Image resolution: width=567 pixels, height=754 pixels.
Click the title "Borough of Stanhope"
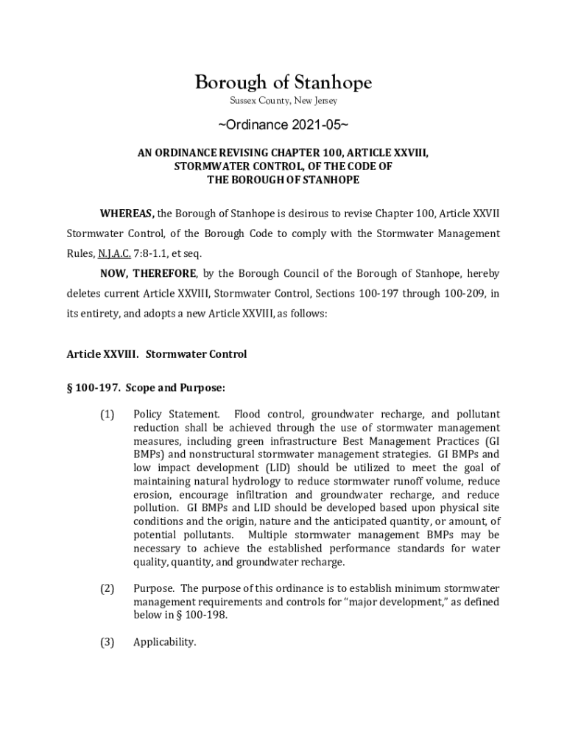pos(283,82)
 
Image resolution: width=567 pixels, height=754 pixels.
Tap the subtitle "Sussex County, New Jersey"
pos(283,100)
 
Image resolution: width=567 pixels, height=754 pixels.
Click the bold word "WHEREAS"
pos(127,214)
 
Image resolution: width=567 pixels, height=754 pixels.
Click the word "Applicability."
pos(164,642)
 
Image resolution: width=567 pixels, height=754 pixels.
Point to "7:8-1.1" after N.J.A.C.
pos(152,253)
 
